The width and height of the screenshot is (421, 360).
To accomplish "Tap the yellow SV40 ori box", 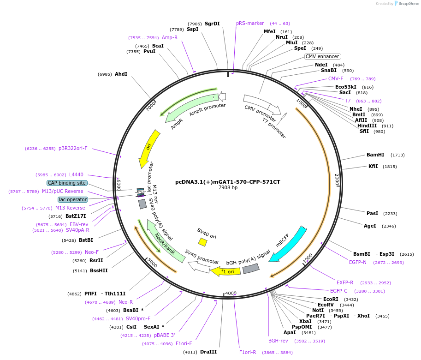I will pyautogui.click(x=202, y=242).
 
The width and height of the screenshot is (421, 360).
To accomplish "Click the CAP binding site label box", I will pyautogui.click(x=67, y=183).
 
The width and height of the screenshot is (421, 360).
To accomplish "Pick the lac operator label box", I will pyautogui.click(x=73, y=199).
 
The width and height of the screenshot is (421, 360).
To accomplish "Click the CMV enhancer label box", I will pyautogui.click(x=322, y=56).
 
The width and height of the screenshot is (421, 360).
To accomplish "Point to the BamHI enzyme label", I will pyautogui.click(x=375, y=155).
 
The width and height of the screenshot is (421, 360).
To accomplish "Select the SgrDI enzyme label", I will pyautogui.click(x=212, y=24).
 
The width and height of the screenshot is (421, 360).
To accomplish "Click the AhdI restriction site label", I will pyautogui.click(x=121, y=74).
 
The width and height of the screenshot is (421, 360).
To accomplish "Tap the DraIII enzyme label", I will pyautogui.click(x=208, y=352).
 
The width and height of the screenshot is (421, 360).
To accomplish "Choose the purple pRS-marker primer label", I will pyautogui.click(x=250, y=23).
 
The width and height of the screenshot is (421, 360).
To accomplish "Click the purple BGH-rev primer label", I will pyautogui.click(x=278, y=341).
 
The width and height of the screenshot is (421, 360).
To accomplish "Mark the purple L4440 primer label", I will pyautogui.click(x=76, y=174).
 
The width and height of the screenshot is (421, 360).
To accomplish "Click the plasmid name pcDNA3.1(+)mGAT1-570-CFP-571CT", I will pyautogui.click(x=228, y=182).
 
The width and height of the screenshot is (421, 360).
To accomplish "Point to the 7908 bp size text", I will pyautogui.click(x=228, y=188).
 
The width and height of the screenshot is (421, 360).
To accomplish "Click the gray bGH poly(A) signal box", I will pyautogui.click(x=251, y=268).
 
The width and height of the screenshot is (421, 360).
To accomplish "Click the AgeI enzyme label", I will pyautogui.click(x=370, y=226).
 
